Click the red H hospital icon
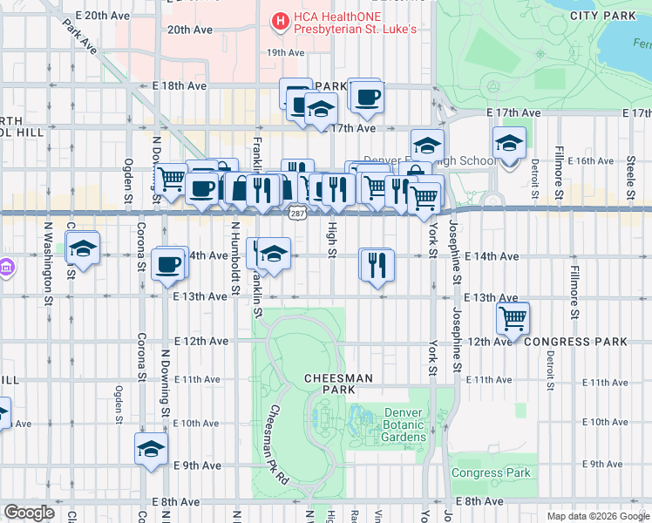[281, 21]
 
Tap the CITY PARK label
[601, 16]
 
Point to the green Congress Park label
[491, 473]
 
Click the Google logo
[30, 512]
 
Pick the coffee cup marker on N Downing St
[167, 264]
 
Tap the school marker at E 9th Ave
[151, 449]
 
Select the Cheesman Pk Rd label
[278, 445]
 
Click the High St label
[331, 240]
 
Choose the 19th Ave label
[285, 52]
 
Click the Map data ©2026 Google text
[597, 515]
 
